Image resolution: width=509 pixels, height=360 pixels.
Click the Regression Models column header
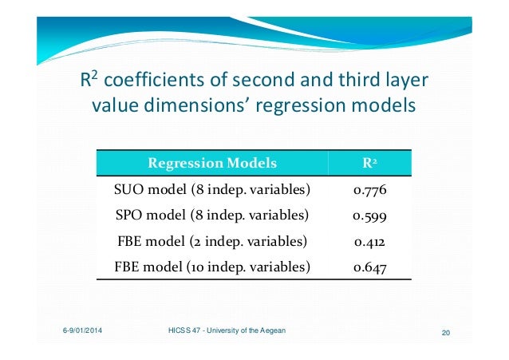[211, 164]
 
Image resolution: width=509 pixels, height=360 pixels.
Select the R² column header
[369, 164]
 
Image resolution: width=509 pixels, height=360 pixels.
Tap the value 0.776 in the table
[369, 190]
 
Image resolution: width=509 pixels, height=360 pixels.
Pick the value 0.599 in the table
[369, 216]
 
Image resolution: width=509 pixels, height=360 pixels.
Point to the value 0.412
[369, 241]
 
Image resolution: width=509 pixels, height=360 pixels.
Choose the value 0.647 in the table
[369, 267]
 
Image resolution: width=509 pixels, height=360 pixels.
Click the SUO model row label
[211, 190]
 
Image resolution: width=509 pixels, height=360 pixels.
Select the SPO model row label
[211, 216]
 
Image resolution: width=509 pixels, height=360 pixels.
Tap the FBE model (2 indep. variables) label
[211, 241]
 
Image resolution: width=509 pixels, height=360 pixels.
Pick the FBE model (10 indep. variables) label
[211, 267]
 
